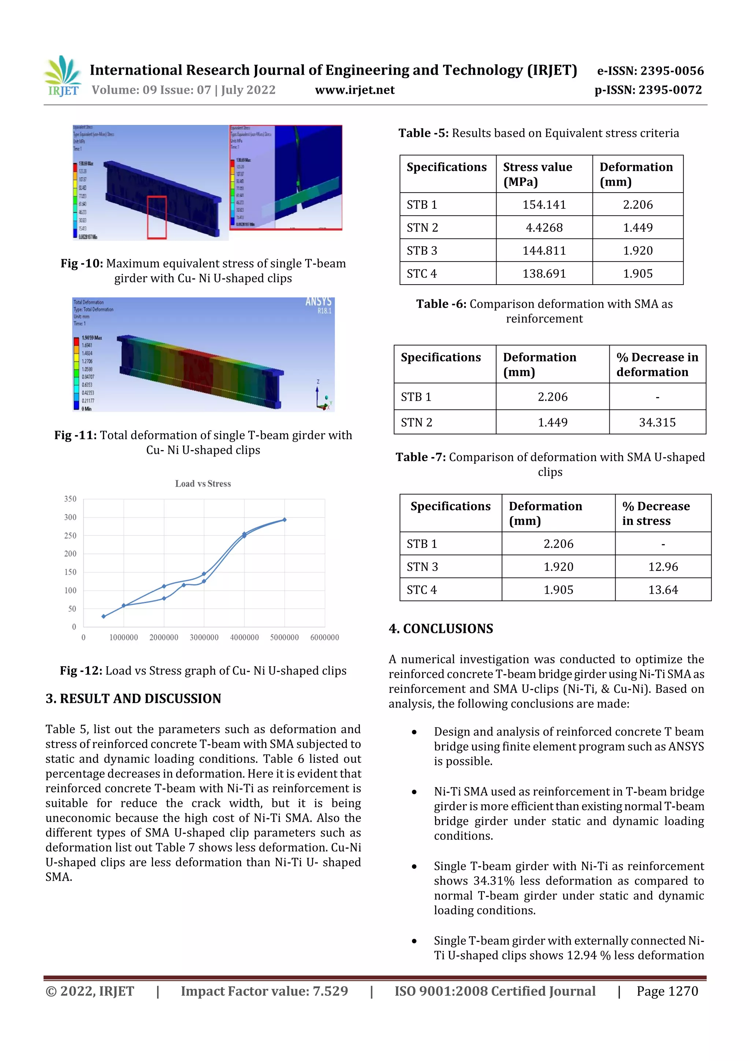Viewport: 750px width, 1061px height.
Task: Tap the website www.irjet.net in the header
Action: pos(354,90)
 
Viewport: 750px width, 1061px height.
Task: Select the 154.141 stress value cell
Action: pos(544,205)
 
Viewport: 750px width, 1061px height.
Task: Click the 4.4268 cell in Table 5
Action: pos(544,228)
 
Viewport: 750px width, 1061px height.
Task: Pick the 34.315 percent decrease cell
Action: pos(657,422)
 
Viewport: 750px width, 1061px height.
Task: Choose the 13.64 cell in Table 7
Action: pos(663,590)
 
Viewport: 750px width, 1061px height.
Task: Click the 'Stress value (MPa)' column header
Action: pos(538,174)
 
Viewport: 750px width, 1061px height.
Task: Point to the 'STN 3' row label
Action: pos(422,567)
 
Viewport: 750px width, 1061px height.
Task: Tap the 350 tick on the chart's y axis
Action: pos(70,499)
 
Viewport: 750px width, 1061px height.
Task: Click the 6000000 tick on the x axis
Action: pos(324,638)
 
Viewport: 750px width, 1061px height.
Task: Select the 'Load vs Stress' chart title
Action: pos(203,484)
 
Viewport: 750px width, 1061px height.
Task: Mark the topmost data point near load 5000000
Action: pos(285,520)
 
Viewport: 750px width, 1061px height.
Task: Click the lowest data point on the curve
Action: pos(104,616)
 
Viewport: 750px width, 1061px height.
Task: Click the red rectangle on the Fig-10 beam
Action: pos(157,217)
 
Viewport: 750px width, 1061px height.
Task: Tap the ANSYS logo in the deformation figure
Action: pos(318,302)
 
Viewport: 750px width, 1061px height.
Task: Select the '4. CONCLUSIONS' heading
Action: pos(441,629)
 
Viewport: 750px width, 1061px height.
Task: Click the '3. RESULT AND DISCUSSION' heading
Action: pos(133,699)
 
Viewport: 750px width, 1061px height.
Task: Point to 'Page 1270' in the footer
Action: pos(667,991)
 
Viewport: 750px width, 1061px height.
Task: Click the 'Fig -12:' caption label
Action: pos(81,671)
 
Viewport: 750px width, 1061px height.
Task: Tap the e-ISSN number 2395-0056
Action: pos(672,71)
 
